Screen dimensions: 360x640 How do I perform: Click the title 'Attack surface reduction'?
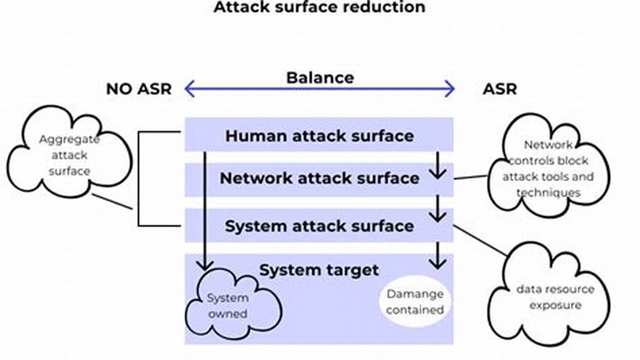tap(319, 7)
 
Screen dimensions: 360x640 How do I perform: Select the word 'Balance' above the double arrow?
tap(320, 77)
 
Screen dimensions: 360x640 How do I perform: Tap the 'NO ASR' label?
tap(139, 89)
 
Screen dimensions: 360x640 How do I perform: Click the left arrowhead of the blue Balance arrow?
tap(189, 89)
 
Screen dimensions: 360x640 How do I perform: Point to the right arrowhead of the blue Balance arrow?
tap(450, 89)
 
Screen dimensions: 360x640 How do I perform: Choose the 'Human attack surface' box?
tap(319, 135)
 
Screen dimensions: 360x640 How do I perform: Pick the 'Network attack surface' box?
tap(319, 178)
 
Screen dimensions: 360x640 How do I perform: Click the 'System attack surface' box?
tap(319, 226)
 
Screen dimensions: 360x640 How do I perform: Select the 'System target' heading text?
tap(319, 270)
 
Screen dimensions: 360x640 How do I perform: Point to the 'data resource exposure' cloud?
tap(548, 297)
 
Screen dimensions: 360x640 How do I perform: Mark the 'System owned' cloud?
tap(228, 305)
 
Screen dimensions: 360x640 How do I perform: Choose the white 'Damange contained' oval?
tap(415, 301)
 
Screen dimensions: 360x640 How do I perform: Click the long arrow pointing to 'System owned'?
tap(205, 210)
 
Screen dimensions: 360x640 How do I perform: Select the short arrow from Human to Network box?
tap(438, 165)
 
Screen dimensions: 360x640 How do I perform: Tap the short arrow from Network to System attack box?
tap(438, 209)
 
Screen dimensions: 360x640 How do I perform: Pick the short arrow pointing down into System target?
tap(438, 255)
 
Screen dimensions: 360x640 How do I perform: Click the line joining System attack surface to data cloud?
tap(480, 240)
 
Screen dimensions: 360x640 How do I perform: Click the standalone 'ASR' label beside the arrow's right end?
tap(499, 89)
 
